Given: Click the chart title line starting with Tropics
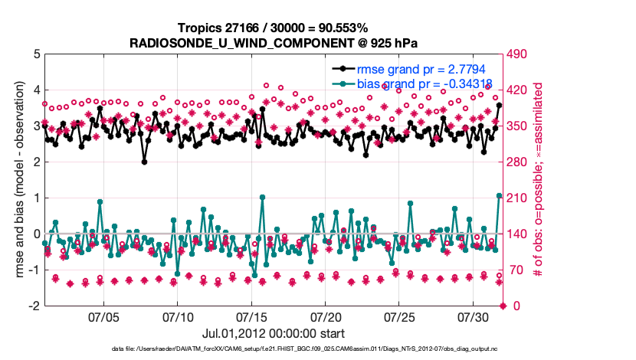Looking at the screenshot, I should click(x=274, y=28).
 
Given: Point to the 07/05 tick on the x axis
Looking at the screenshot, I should click(x=104, y=316).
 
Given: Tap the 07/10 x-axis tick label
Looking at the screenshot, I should click(x=178, y=316).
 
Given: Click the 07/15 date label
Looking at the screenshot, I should click(x=252, y=316).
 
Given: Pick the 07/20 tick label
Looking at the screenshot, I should click(x=326, y=316).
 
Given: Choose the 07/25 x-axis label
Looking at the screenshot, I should click(x=400, y=316).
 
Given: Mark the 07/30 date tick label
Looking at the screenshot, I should click(x=474, y=316).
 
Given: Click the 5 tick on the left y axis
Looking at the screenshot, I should click(x=35, y=54).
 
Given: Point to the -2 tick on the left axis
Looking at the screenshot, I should click(x=33, y=306).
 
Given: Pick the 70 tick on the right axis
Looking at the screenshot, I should click(x=516, y=270).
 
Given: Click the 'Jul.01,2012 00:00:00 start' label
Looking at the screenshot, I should click(x=274, y=333).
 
